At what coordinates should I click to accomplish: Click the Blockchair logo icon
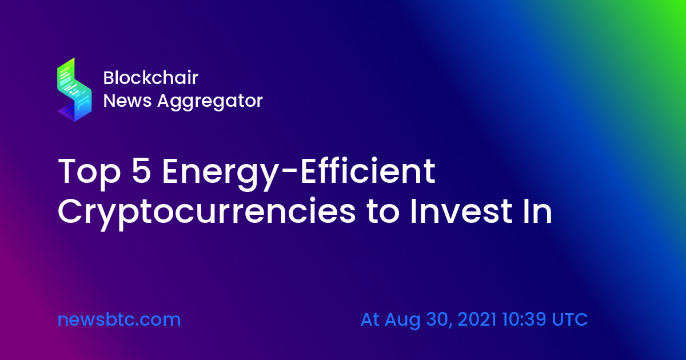(74, 89)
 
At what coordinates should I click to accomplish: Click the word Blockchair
(151, 78)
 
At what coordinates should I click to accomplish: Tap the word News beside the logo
(127, 101)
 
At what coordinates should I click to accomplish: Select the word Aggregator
(210, 102)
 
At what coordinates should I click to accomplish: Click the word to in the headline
(382, 212)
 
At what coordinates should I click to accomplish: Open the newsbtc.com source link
(119, 319)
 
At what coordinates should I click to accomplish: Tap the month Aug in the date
(402, 321)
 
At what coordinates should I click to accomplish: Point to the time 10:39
(524, 319)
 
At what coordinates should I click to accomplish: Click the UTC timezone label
(570, 319)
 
